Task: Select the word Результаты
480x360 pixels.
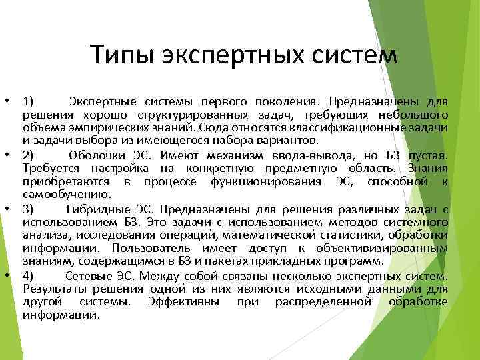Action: (x=55, y=289)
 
